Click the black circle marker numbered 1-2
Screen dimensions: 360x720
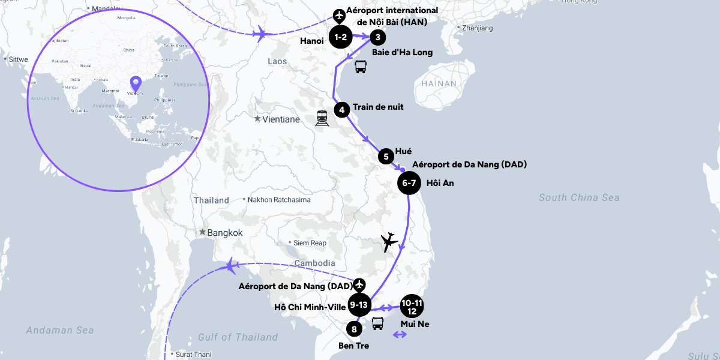point(341,37)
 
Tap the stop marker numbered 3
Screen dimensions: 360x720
point(377,37)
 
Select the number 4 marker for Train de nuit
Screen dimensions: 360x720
point(341,110)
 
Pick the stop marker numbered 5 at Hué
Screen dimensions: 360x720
point(386,157)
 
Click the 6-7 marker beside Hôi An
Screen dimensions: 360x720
point(409,183)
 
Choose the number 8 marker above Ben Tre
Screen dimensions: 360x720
point(355,329)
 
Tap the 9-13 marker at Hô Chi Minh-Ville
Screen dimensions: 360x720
point(359,305)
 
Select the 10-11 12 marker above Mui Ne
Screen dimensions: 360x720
point(412,306)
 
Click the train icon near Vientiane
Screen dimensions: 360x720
point(322,118)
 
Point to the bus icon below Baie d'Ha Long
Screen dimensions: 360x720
point(360,67)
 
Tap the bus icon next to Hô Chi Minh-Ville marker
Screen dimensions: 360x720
point(377,324)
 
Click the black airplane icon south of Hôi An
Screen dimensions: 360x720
point(389,242)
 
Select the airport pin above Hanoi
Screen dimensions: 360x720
point(340,14)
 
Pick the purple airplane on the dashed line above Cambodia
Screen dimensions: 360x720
point(230,266)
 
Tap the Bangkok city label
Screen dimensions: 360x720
point(225,233)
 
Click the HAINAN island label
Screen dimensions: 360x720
point(439,84)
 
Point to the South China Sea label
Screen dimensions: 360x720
point(578,197)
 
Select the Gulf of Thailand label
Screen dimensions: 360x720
point(238,337)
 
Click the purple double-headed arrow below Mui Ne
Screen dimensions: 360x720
point(399,335)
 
